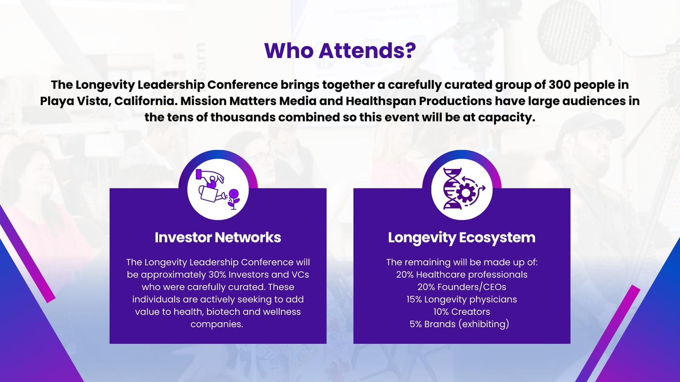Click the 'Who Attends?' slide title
(x=340, y=51)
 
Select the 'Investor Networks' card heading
(x=218, y=237)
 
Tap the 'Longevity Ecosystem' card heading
(x=462, y=237)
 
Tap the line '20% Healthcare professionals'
(x=462, y=275)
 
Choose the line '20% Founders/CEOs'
(x=462, y=287)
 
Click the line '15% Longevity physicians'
(x=462, y=300)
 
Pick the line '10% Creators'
(x=462, y=312)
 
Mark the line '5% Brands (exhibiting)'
(x=459, y=324)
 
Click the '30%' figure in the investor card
(x=217, y=275)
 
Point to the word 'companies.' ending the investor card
(x=217, y=324)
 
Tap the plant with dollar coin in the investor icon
(x=233, y=199)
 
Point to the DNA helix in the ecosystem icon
(x=452, y=189)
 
